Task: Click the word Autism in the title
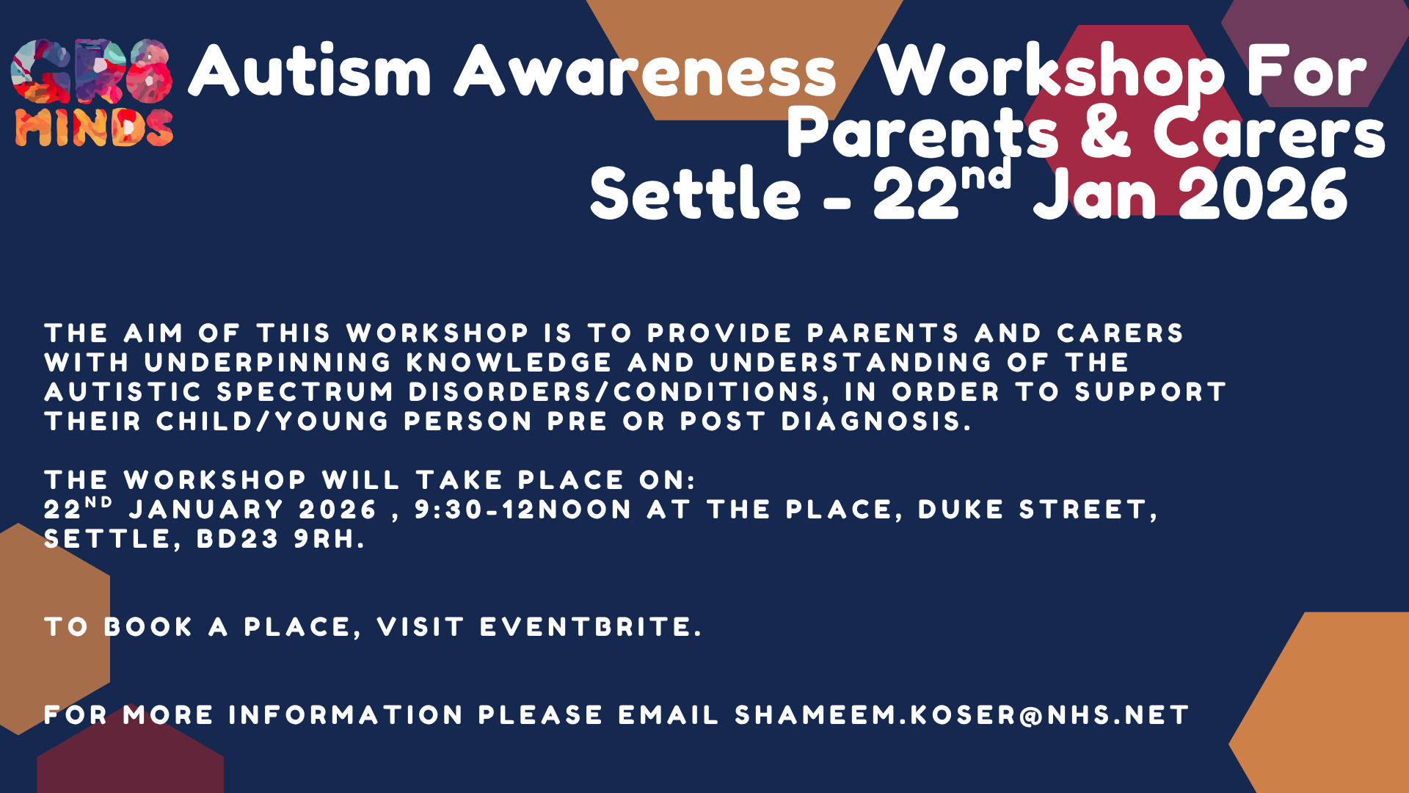(310, 72)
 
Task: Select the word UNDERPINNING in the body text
(268, 363)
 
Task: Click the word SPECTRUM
(305, 392)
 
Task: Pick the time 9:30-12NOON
(523, 510)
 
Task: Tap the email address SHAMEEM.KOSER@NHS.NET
(961, 715)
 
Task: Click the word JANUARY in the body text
(206, 510)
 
